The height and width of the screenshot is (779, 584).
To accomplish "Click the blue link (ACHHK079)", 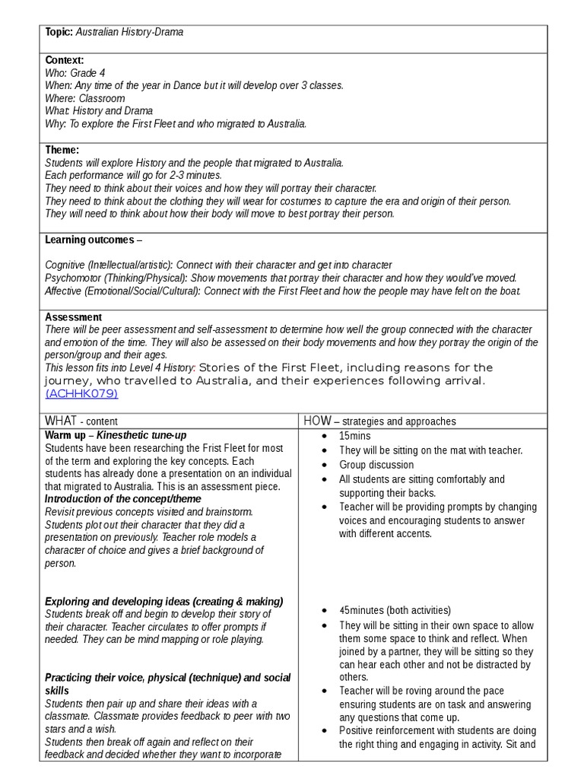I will pos(81,393).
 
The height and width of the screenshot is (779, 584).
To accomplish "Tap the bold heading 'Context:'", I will pos(64,60).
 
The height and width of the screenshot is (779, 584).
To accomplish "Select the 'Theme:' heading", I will pos(62,150).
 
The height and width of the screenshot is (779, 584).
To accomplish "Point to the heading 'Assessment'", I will pos(73,316).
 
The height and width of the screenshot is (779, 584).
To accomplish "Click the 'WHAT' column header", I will pos(61,421).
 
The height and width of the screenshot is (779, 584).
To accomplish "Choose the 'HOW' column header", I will pos(317,421).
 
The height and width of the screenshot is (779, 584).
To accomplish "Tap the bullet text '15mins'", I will pos(354,436).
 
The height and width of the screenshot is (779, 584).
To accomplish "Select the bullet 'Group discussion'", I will pos(376,465).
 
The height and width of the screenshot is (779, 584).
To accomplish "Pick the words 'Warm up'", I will pos(64,435).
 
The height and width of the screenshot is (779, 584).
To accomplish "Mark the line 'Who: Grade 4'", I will pos(77,72).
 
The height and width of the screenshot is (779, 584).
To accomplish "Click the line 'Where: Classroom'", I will pos(84,98).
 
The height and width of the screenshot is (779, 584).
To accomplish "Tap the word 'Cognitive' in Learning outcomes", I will pos(65,265).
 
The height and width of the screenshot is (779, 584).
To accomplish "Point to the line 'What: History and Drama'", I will pos(99,111).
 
